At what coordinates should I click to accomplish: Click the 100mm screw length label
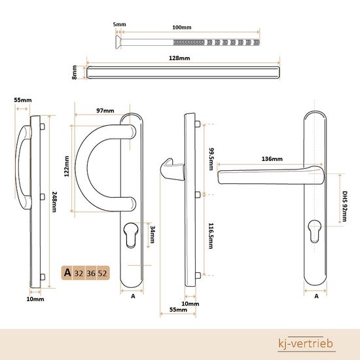point(181,27)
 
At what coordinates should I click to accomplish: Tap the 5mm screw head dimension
point(119,24)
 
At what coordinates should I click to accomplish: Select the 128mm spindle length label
point(179,58)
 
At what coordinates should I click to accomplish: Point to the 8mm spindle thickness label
point(75,72)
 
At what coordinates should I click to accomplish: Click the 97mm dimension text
point(105,111)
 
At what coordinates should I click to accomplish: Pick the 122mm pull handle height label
point(67,166)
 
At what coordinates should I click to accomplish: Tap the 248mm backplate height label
point(54,202)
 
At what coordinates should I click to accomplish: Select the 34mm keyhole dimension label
point(153,234)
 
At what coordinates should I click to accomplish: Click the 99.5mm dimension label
point(211,159)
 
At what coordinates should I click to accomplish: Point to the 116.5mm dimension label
point(211,236)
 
